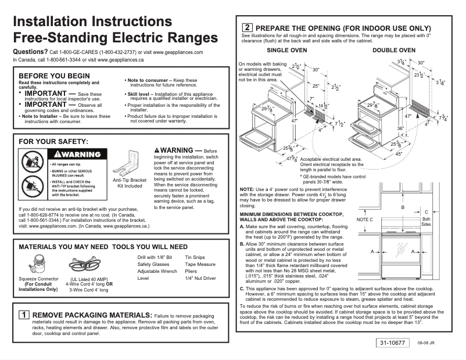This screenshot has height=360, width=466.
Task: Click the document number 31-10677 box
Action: point(393,343)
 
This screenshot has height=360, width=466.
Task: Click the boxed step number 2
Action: point(246,28)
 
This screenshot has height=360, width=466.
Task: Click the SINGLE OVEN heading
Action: point(287,51)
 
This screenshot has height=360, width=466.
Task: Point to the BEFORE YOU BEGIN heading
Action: point(55,76)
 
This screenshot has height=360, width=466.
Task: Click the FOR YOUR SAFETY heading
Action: point(53,141)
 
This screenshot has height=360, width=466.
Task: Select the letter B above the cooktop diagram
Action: point(402,207)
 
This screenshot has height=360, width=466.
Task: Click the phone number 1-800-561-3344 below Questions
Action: point(60,60)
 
